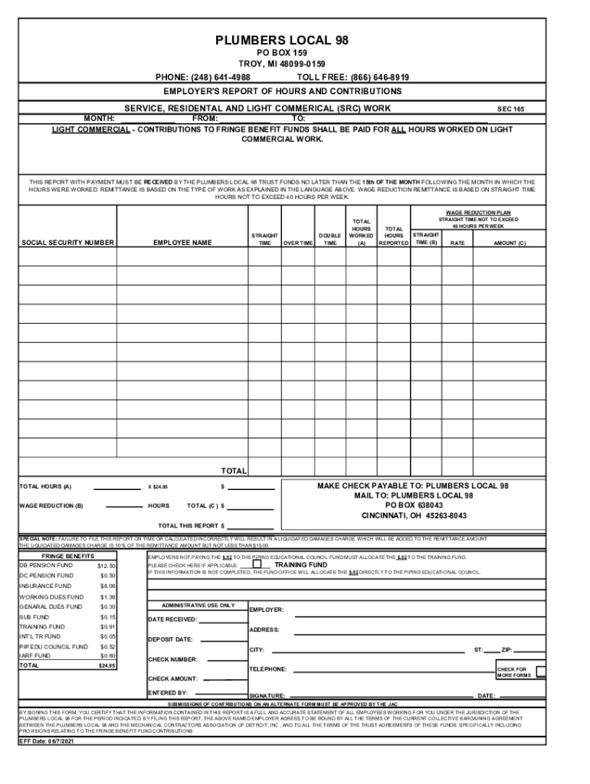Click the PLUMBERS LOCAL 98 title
click(283, 39)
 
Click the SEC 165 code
click(511, 109)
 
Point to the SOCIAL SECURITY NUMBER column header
click(68, 243)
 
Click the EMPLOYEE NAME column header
click(182, 243)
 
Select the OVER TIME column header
click(297, 243)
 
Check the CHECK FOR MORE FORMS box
click(541, 671)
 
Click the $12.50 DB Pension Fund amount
click(107, 566)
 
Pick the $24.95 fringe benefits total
click(107, 666)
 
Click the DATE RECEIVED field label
click(172, 619)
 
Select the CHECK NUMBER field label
click(172, 659)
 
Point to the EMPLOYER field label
click(267, 610)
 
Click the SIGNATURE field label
click(267, 696)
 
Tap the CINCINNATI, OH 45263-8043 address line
click(414, 516)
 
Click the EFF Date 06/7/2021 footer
click(46, 742)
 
